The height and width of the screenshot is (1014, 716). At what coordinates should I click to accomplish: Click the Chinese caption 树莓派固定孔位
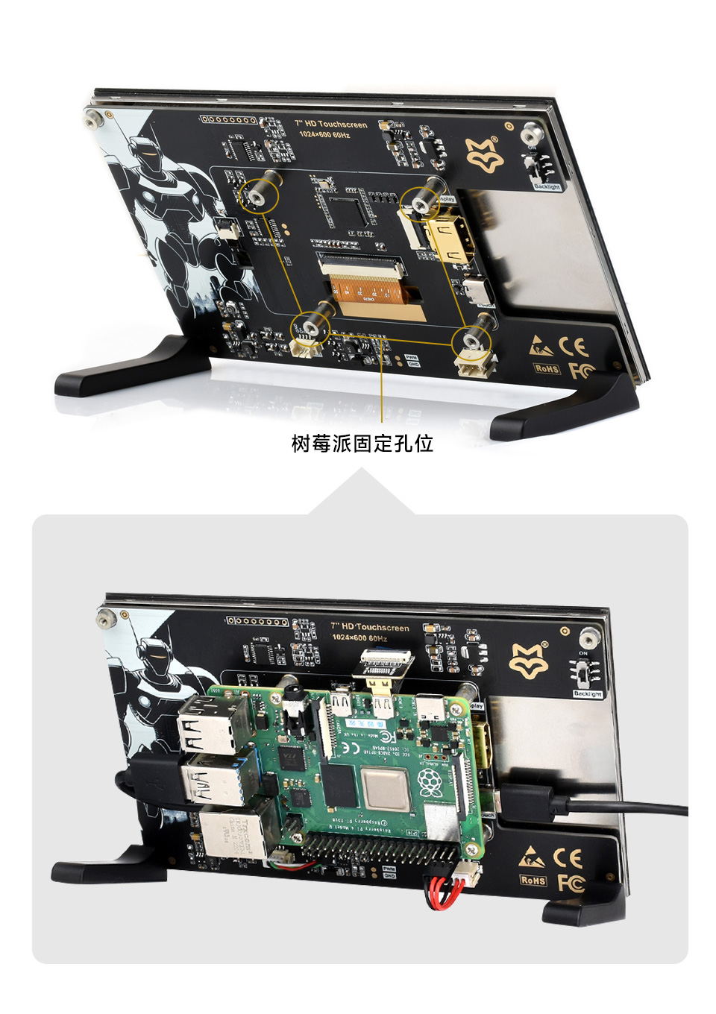362,444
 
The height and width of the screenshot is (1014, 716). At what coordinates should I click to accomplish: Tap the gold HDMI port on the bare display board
451,239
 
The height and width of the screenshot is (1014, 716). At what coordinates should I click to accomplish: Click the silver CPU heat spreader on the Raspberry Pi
386,787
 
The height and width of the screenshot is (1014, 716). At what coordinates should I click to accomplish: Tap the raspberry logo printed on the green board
430,783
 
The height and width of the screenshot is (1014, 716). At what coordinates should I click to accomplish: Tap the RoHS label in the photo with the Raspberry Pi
533,881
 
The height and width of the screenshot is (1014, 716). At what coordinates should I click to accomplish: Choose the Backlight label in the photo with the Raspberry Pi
588,694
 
